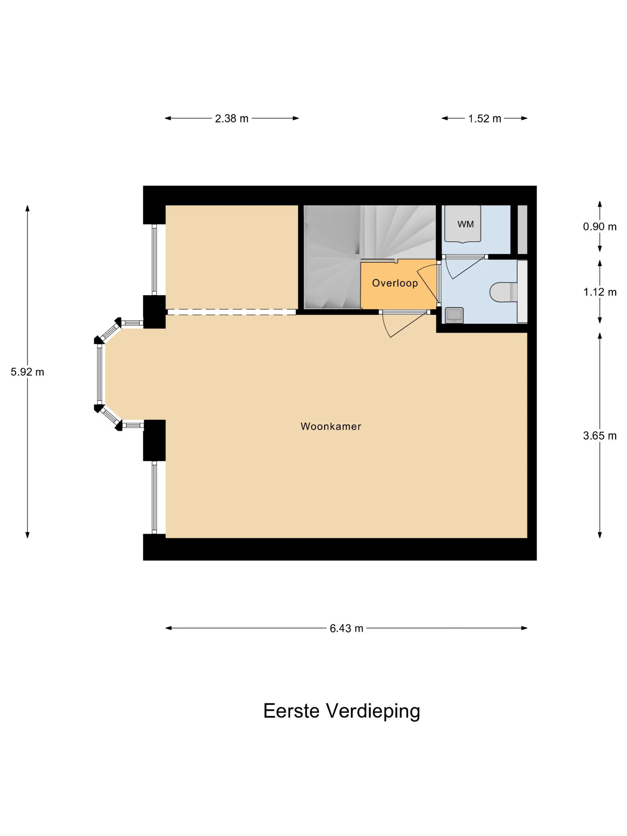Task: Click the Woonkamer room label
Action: [x=331, y=426]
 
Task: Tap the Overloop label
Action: [x=395, y=283]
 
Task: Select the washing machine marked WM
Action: [x=462, y=224]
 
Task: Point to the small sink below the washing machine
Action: [x=454, y=315]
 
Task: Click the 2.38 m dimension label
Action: [x=232, y=119]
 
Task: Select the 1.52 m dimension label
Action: [x=485, y=119]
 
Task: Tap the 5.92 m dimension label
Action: [x=27, y=372]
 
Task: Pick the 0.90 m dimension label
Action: [x=600, y=226]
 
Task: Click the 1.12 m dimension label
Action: [x=600, y=292]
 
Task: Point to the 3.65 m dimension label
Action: [x=600, y=436]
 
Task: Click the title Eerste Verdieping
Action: [x=342, y=711]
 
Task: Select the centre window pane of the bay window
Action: [x=100, y=374]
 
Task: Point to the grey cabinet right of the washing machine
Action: [x=522, y=229]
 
